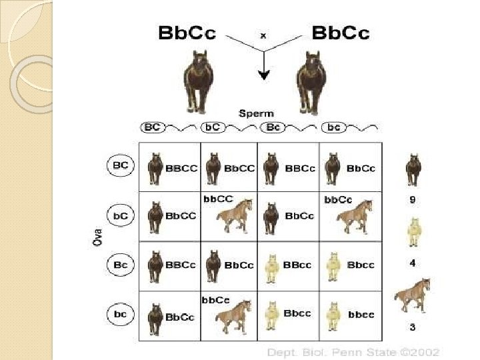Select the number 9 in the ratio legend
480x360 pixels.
click(x=413, y=200)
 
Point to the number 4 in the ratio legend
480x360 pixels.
click(x=413, y=263)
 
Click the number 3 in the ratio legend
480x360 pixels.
click(x=413, y=327)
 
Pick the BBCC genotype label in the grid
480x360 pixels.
click(x=181, y=168)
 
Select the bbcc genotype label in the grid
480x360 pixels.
click(x=361, y=314)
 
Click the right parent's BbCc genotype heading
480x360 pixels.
click(x=340, y=32)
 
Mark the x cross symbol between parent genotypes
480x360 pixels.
click(x=263, y=35)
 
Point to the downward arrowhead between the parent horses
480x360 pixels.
click(x=264, y=75)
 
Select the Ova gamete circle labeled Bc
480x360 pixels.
click(x=121, y=265)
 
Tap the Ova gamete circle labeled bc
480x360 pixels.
click(x=121, y=313)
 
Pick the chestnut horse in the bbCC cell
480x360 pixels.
click(x=233, y=215)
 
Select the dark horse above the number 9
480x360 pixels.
click(x=413, y=170)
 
